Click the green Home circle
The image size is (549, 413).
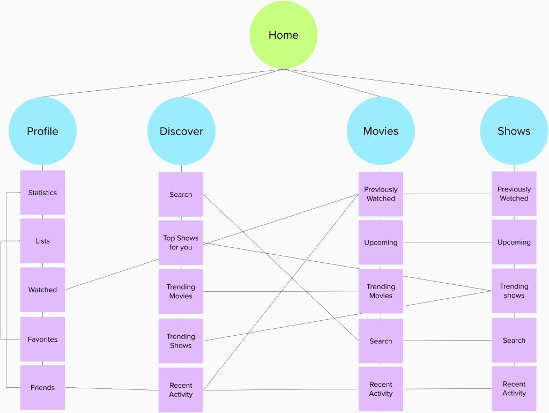(283, 35)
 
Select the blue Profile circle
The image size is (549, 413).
(42, 131)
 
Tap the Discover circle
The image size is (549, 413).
(181, 131)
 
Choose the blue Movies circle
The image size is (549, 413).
(381, 131)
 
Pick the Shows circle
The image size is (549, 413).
(514, 131)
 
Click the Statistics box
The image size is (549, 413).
(42, 193)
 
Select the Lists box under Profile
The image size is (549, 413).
(42, 241)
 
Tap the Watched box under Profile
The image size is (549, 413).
(42, 290)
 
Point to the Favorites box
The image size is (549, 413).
(42, 339)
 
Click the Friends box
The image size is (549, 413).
(42, 387)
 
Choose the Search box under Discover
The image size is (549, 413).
(181, 194)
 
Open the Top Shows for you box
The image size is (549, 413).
(181, 242)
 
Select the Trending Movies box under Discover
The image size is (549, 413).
(181, 291)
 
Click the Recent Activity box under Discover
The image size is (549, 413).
(181, 390)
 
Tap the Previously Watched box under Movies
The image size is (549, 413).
(381, 194)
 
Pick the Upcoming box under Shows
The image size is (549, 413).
(514, 242)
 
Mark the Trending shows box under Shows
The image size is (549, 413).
(514, 291)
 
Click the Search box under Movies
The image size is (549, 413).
(381, 341)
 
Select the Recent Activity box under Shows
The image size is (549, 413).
(514, 388)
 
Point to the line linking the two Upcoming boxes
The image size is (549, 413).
(448, 242)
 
